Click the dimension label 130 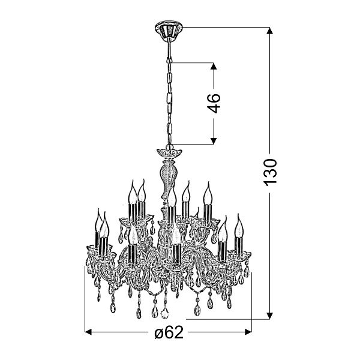click(x=271, y=172)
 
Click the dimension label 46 click(x=214, y=103)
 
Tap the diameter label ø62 click(x=169, y=332)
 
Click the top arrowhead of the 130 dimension click(x=270, y=31)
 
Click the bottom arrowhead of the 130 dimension click(x=270, y=316)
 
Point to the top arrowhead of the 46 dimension click(x=214, y=66)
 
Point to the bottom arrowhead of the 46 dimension click(x=214, y=141)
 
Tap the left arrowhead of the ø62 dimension click(x=88, y=332)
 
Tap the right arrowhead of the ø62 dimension click(x=248, y=332)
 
